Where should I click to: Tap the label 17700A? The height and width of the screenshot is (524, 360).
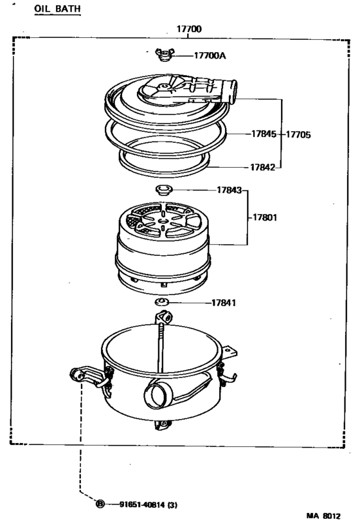click(210, 56)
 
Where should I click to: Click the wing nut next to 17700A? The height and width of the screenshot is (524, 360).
click(163, 57)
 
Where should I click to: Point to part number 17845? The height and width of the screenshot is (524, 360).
click(264, 134)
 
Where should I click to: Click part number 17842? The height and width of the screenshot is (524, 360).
click(264, 167)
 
